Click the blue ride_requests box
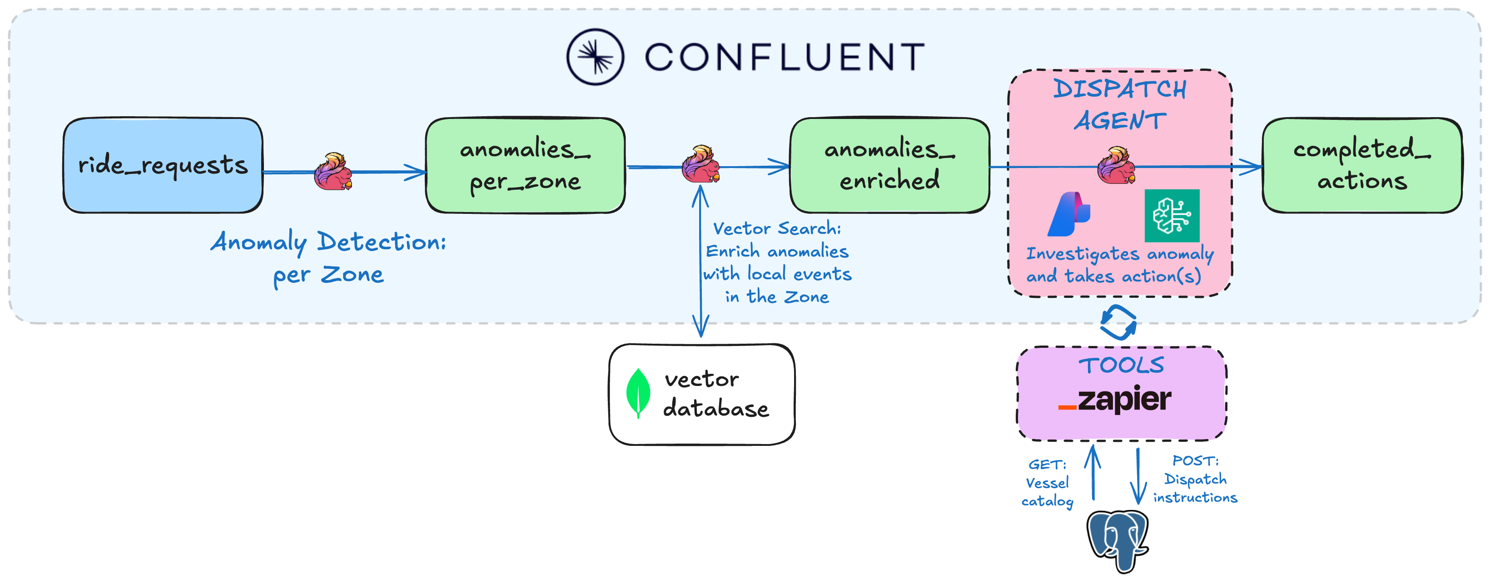[163, 165]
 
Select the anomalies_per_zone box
[525, 165]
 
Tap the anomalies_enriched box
[889, 165]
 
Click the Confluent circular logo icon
[595, 57]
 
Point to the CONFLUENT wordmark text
[785, 57]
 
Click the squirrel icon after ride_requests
[333, 172]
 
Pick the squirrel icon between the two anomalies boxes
[700, 164]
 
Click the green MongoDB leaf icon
[638, 393]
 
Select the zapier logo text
[1115, 399]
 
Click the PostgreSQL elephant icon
[1117, 540]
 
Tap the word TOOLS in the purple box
[1121, 366]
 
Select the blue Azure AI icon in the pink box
[1069, 215]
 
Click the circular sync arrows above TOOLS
[1118, 322]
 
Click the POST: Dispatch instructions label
[1195, 479]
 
